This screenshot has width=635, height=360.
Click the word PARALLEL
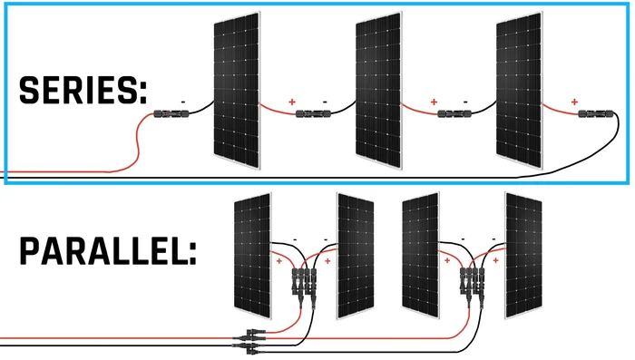click(107, 248)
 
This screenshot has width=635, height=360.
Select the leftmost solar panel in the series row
click(236, 91)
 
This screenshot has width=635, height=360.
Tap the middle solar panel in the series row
click(377, 91)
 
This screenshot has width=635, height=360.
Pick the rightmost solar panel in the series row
click(519, 91)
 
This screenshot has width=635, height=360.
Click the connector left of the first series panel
click(170, 115)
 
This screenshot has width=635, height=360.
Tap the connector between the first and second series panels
click(314, 115)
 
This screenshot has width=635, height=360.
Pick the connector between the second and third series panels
click(453, 115)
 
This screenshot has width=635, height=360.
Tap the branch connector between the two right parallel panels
click(469, 277)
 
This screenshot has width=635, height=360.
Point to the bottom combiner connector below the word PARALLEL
click(249, 339)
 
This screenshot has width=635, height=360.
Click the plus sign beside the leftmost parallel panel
click(278, 261)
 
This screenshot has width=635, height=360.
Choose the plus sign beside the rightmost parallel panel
click(495, 261)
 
